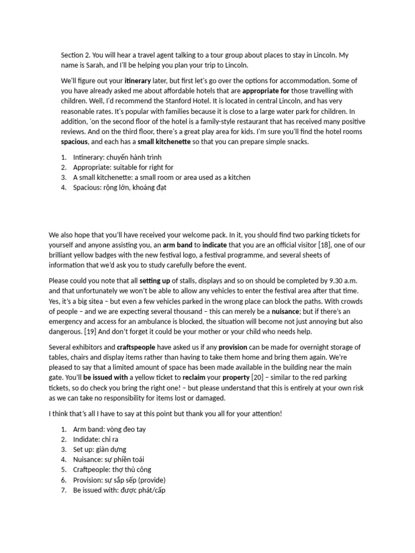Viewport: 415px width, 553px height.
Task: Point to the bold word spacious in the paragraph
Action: (x=76, y=142)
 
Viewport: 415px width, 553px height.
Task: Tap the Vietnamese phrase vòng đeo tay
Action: (x=126, y=429)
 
